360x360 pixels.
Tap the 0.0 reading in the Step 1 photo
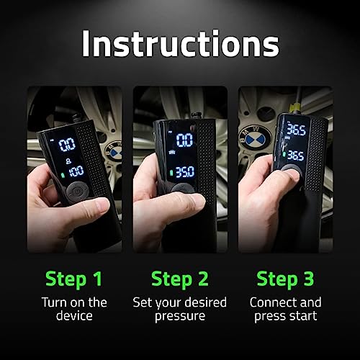tap(67, 144)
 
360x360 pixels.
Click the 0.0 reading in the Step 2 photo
tap(184, 140)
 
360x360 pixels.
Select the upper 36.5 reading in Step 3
tap(297, 130)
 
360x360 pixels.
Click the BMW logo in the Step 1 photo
tap(114, 150)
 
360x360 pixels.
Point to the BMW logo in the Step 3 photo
tap(253, 135)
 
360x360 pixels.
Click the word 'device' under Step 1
tap(74, 316)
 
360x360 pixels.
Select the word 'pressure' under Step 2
tap(180, 316)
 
